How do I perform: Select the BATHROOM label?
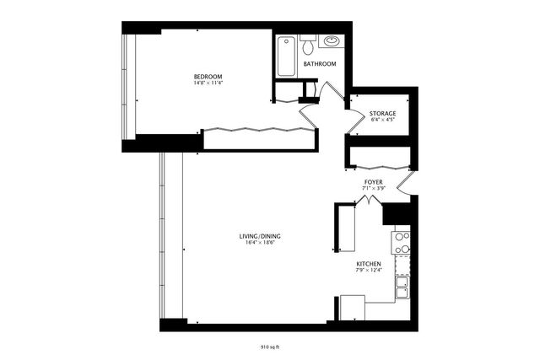pos(320,64)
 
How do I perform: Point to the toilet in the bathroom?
pos(307,40)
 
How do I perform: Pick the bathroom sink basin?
pos(331,40)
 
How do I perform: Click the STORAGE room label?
pos(382,113)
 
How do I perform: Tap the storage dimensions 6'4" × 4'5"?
pos(382,121)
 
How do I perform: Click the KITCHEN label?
pos(369,263)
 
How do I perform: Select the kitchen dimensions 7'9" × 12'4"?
pos(369,271)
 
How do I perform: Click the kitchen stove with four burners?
pos(401,243)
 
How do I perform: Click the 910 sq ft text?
pos(270,347)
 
